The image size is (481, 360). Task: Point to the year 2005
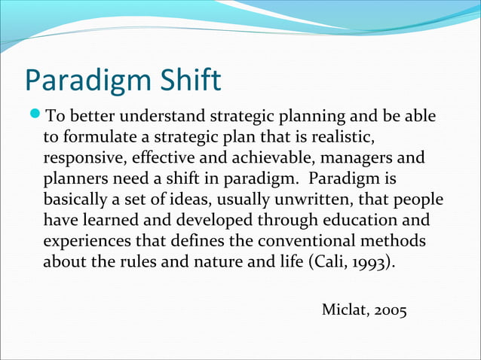(x=389, y=310)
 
